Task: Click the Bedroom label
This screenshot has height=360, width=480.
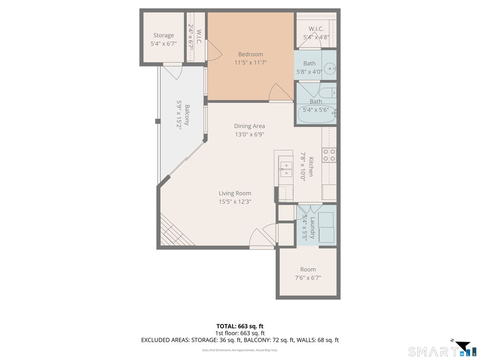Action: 250,54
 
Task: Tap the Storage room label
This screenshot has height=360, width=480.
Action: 164,35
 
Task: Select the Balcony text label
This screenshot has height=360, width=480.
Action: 187,115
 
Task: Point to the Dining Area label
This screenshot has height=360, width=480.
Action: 249,126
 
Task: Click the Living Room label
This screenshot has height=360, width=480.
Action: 235,193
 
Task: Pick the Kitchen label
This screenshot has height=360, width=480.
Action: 311,166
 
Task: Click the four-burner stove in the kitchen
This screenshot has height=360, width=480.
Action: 329,155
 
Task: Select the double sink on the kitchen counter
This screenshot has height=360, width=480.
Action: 285,169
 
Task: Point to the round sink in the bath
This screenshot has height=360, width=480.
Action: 330,68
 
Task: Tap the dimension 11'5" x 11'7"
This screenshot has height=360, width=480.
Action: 250,63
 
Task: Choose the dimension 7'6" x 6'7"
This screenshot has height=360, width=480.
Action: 307,278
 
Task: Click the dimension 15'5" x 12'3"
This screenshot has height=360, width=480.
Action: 235,202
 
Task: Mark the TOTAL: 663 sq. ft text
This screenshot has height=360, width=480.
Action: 240,326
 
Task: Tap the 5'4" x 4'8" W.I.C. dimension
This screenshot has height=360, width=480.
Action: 316,37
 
